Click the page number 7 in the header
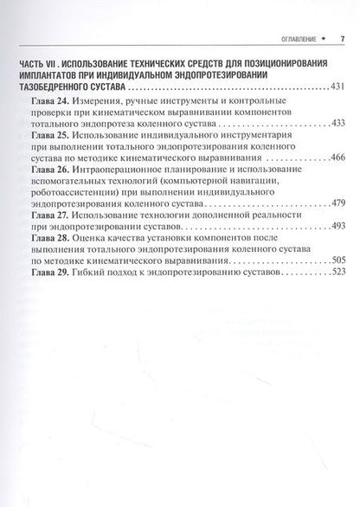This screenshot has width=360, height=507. [x=343, y=39]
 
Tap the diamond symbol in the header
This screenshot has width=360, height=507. [x=325, y=39]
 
